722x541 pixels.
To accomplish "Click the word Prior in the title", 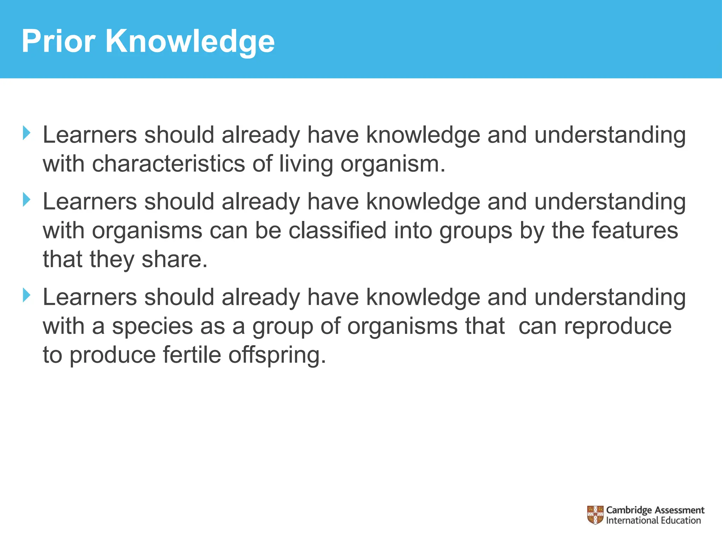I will coord(58,41).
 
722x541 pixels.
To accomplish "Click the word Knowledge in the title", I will coord(190,42).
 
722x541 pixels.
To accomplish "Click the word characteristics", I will coord(168,164).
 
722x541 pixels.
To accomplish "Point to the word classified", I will coord(337,231).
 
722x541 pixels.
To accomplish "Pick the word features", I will coord(635,231).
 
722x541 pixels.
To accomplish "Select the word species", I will coord(152,327).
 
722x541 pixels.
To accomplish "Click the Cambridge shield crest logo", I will coord(595,515).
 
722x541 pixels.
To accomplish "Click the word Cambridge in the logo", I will coord(629,510).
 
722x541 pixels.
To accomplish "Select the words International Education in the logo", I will coord(653,521).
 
